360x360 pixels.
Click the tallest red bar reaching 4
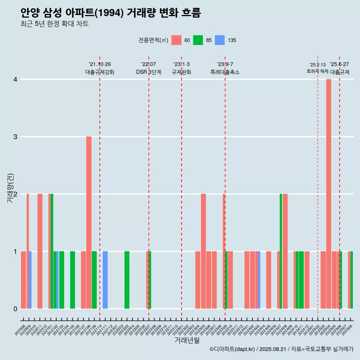tap(328, 193)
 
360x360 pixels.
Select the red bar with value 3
tap(89, 222)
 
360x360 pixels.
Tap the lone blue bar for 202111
tap(105, 280)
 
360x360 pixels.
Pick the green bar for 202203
tap(127, 280)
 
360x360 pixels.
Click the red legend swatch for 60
tap(176, 40)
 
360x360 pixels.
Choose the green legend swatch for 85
tap(198, 40)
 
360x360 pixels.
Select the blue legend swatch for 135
tap(220, 40)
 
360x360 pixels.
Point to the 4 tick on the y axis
tap(15, 79)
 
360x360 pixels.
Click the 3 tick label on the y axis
tap(15, 137)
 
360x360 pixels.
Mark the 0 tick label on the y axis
tap(15, 309)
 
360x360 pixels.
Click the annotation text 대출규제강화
tap(100, 72)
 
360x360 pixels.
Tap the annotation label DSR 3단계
tap(148, 72)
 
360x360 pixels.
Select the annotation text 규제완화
tap(181, 72)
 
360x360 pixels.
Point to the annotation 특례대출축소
tap(225, 72)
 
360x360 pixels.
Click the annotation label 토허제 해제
tap(317, 71)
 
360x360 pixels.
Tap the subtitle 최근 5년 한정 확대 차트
tap(55, 24)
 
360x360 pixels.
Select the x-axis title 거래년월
tap(187, 340)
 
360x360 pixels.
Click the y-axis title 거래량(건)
tap(10, 187)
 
